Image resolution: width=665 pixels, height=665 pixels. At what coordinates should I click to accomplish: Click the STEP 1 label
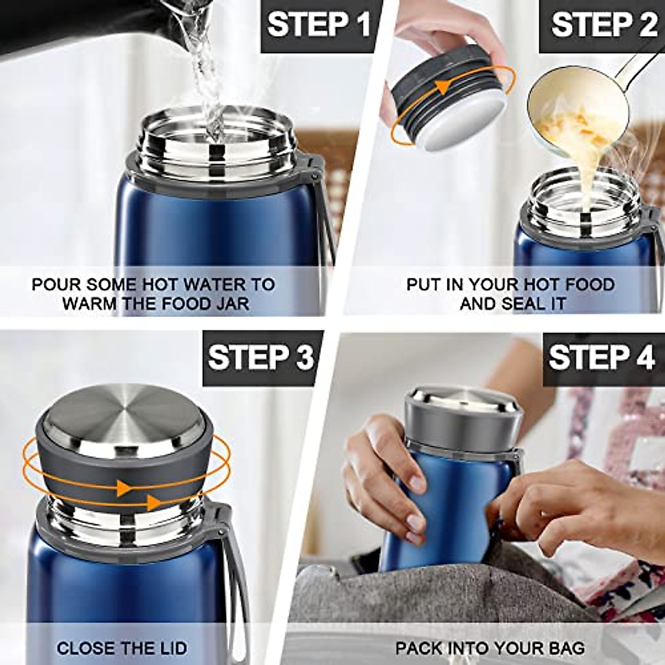319,25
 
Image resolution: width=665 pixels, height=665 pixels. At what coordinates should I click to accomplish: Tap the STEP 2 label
603,25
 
